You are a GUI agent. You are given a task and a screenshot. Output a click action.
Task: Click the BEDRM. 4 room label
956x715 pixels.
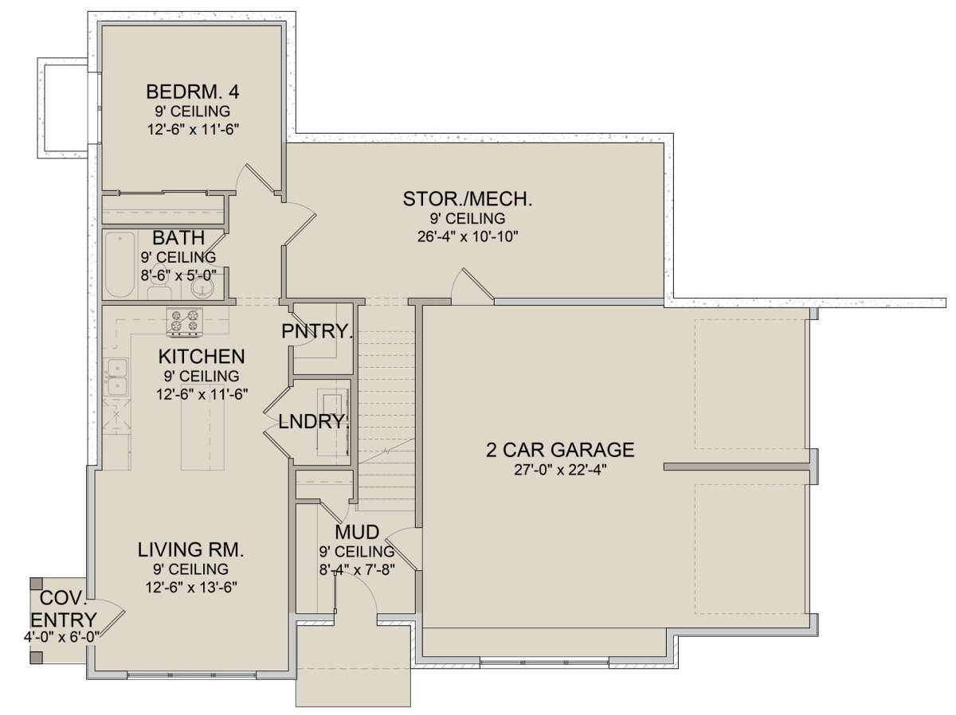coord(192,92)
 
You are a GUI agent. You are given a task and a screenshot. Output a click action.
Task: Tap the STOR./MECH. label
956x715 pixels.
coord(468,199)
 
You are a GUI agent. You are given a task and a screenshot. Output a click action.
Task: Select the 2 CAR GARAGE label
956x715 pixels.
coord(560,450)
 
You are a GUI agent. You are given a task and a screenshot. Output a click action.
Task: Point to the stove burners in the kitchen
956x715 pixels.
coord(185,321)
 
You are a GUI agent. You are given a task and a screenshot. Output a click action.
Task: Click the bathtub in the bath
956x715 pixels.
coord(119,265)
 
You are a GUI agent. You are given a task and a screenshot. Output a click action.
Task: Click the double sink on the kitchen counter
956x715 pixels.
coord(117,377)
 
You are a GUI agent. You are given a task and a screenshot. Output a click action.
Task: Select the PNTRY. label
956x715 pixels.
coord(316,331)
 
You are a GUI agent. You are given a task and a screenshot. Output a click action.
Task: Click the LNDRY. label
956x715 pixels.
coord(314,421)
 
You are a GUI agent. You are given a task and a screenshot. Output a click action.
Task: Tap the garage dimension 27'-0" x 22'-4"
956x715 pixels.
coord(560,470)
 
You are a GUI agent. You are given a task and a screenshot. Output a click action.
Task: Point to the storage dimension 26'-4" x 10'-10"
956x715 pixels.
coord(468,236)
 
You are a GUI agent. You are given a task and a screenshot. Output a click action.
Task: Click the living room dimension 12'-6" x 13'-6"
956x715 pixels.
coord(191,588)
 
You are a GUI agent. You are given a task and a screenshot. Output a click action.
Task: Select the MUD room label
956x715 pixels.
coord(357,532)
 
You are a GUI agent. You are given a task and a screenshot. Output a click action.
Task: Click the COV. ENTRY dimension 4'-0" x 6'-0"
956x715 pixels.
coord(61,637)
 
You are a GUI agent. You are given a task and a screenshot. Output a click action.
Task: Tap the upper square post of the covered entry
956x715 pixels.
coord(36,584)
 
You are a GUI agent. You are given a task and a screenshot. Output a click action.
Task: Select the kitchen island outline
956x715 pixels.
coord(202,428)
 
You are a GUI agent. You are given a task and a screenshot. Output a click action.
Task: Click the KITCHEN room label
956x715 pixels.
coord(202,357)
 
